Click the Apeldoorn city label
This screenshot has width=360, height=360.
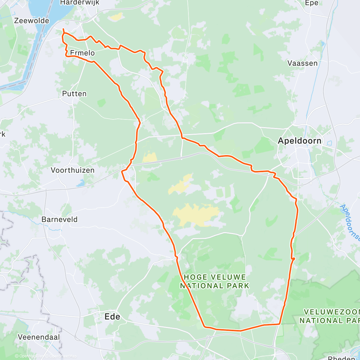pyautogui.click(x=299, y=141)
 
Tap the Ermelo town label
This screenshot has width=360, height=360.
pyautogui.click(x=82, y=53)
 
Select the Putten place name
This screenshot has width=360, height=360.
pyautogui.click(x=74, y=94)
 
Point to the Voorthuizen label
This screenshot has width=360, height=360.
pyautogui.click(x=73, y=170)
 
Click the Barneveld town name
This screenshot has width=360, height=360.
pyautogui.click(x=59, y=219)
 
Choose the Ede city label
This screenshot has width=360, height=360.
pyautogui.click(x=112, y=316)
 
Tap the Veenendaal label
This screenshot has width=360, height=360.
pyautogui.click(x=39, y=337)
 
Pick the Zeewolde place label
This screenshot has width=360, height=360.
pyautogui.click(x=31, y=20)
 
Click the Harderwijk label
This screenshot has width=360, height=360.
pyautogui.click(x=79, y=3)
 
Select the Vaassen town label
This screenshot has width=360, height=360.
pyautogui.click(x=302, y=63)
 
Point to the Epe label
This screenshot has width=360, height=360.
pyautogui.click(x=311, y=3)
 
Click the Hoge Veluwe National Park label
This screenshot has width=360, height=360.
pyautogui.click(x=214, y=281)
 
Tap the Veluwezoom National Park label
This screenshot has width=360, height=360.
pyautogui.click(x=329, y=316)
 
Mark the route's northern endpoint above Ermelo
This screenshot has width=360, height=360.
pyautogui.click(x=63, y=29)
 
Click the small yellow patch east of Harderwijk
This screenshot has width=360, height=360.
pyautogui.click(x=116, y=17)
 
